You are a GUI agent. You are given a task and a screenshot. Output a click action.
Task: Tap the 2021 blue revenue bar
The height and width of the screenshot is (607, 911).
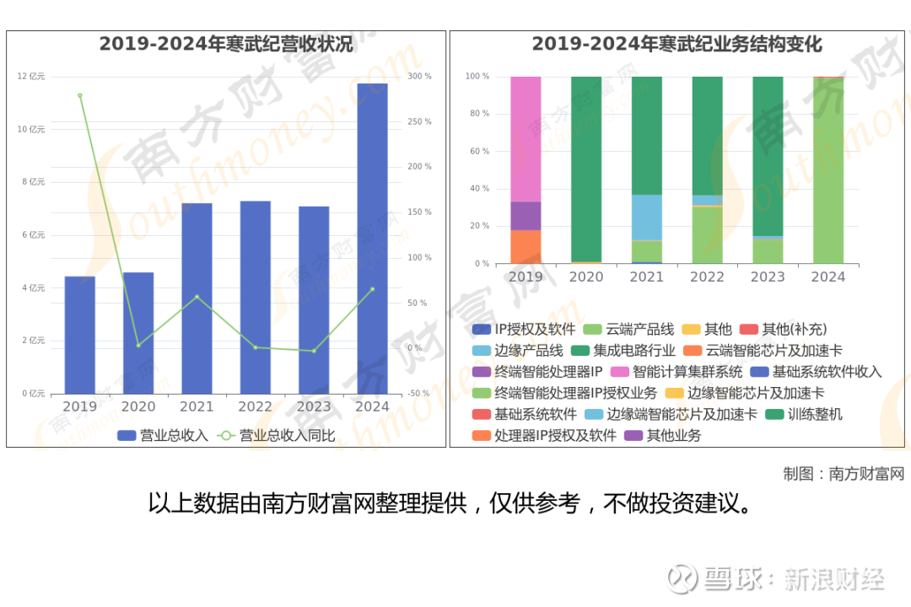click(x=197, y=298)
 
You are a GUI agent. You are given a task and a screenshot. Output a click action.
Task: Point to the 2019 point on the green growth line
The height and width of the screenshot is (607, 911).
click(x=80, y=95)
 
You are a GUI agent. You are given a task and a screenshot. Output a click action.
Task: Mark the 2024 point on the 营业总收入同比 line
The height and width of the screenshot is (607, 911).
click(x=372, y=289)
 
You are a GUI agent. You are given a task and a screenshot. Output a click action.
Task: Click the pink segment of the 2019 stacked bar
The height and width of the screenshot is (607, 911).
click(x=526, y=139)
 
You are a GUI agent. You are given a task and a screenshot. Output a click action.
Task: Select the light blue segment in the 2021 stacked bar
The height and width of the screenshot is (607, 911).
click(x=647, y=218)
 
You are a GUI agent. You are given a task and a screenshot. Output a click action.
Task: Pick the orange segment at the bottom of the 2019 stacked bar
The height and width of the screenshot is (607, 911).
click(x=526, y=246)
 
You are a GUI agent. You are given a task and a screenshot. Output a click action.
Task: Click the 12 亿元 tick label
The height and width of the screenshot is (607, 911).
click(x=31, y=77)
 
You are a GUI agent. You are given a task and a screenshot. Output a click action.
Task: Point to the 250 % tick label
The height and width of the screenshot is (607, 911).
click(x=419, y=122)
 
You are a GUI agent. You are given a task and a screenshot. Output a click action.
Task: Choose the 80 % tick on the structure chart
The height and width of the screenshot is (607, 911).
click(x=478, y=114)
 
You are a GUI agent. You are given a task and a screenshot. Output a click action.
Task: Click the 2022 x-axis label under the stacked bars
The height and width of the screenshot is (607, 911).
click(x=707, y=277)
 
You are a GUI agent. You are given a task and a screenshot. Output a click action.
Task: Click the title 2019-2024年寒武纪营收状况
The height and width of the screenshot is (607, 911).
click(x=226, y=45)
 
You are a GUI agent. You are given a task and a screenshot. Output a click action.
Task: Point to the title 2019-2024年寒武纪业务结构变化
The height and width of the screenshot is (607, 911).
click(x=677, y=45)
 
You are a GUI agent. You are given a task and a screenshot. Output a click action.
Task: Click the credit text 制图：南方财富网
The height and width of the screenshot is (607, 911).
click(x=843, y=474)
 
